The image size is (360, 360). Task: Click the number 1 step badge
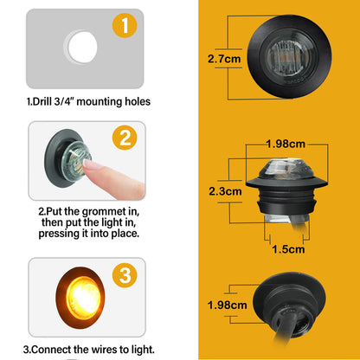click(125, 25)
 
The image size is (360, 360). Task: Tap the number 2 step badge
click(125, 138)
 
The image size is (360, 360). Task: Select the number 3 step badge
click(125, 275)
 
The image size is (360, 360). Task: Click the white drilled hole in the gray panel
click(82, 47)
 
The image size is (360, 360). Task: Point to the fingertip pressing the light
click(90, 165)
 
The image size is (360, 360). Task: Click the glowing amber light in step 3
click(83, 298)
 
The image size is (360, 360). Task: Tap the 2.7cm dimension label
click(224, 59)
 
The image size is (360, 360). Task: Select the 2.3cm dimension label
click(225, 191)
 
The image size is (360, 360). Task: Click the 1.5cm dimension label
click(288, 249)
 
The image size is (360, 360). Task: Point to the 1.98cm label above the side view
click(286, 144)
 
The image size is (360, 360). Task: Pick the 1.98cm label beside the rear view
click(227, 305)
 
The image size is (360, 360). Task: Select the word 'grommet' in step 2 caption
click(106, 212)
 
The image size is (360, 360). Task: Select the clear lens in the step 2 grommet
click(75, 162)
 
